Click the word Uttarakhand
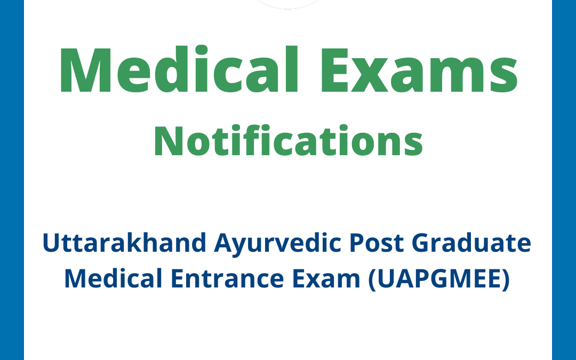click(124, 244)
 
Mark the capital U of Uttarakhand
click(51, 244)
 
